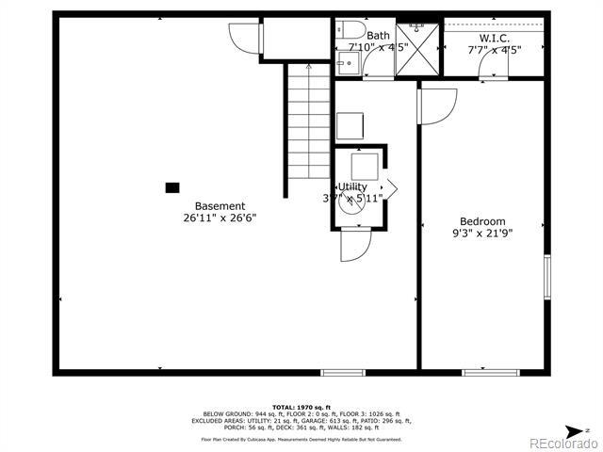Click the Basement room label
[220, 205]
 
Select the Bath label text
[378, 36]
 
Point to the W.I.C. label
[494, 37]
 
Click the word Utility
[352, 186]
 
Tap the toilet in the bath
[346, 32]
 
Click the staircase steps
[310, 122]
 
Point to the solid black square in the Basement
[172, 187]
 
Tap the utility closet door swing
[354, 247]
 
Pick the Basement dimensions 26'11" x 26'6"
[220, 218]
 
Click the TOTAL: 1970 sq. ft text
[301, 407]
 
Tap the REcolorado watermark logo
[562, 443]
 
